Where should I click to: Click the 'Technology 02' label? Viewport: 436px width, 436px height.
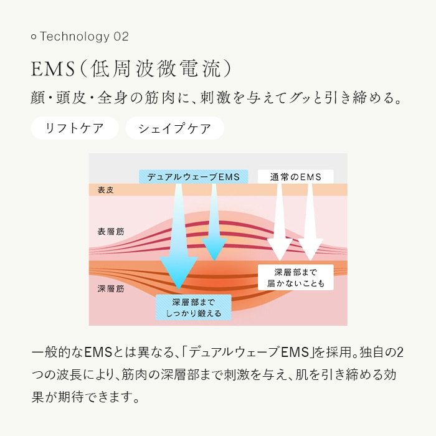84,37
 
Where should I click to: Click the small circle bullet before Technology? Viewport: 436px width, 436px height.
34,37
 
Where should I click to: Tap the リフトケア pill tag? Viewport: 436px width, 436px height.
75,129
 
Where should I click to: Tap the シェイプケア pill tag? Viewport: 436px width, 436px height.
174,129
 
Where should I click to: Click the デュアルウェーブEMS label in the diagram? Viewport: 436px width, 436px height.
193,177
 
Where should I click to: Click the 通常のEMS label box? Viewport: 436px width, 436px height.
296,177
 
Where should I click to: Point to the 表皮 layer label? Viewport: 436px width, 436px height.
106,190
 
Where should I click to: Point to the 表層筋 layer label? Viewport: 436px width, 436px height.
111,231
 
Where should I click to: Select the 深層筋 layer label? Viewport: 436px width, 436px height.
111,288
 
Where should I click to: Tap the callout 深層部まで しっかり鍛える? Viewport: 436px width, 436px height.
193,308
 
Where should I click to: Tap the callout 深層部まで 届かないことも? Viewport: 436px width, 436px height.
295,278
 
